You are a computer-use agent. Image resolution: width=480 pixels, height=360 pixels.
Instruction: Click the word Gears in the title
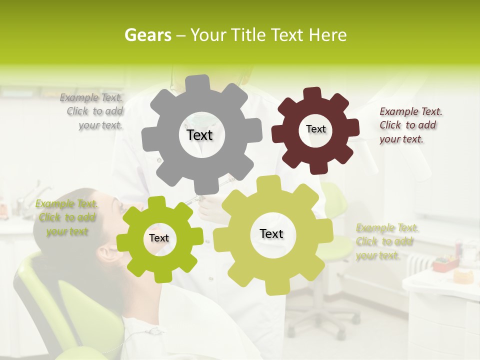point(146,35)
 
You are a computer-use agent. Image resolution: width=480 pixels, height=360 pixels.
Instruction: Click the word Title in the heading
point(249,35)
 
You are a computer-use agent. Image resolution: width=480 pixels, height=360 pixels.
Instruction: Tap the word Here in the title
point(327,35)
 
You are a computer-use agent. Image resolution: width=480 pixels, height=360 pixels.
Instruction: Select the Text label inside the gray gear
point(199,135)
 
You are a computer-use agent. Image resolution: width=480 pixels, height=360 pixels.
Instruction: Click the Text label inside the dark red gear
point(315,129)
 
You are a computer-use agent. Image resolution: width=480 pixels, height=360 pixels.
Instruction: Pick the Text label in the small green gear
point(159,238)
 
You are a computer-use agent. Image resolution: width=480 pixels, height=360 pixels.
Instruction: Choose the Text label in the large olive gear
point(271,233)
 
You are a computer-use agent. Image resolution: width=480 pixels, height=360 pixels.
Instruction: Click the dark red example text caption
point(410,125)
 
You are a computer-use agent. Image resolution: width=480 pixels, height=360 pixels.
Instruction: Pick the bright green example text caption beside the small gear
point(66,217)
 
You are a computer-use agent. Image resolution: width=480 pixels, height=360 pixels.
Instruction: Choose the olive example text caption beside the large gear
point(386,242)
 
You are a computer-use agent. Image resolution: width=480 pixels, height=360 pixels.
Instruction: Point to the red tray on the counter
point(445,263)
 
